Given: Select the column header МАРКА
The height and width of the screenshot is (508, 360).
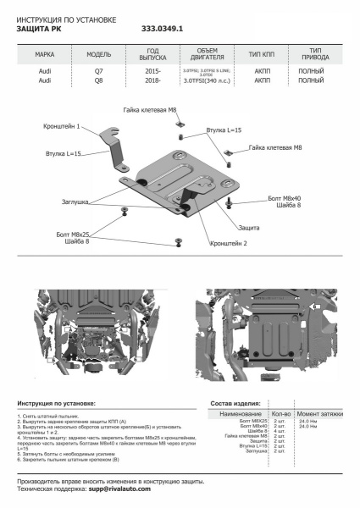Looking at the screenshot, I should [45, 53].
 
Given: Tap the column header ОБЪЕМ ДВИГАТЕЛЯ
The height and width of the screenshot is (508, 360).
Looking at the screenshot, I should [200, 53].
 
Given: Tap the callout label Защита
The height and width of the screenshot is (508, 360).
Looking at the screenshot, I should [249, 229].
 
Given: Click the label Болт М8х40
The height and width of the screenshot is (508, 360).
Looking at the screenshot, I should [292, 197].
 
